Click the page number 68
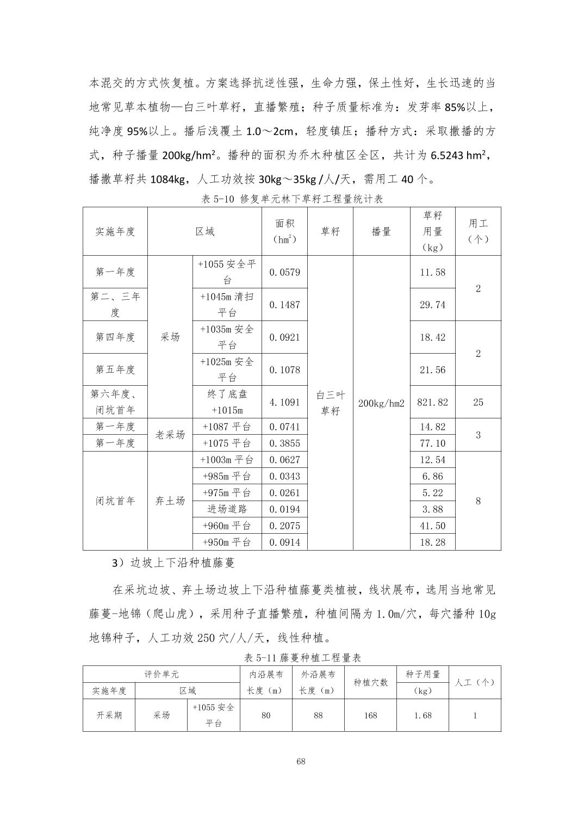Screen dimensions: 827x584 pos(301,761)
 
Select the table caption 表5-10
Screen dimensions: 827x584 pos(292,199)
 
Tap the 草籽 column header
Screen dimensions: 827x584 pos(330,231)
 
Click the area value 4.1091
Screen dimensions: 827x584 pos(284,402)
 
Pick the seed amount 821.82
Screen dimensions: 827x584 pos(432,402)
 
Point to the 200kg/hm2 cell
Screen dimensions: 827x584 pos(381,403)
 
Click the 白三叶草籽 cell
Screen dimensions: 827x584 pos(330,403)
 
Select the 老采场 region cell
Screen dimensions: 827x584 pos(170,435)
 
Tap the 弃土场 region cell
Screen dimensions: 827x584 pos(170,501)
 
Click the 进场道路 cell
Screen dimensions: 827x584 pos(227,509)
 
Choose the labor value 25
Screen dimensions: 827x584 pos(478,402)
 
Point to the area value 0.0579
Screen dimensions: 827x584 pos(284,272)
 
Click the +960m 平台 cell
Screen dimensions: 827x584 pos(227,526)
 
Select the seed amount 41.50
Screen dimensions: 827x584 pos(432,526)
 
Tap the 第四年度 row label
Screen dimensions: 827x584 pos(115,337)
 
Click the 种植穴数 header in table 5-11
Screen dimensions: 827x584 pos(371,682)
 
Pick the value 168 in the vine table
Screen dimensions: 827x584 pos(371,715)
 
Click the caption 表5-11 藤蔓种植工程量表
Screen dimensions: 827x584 pos(302,658)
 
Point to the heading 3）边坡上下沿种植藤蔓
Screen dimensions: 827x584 pos(173,563)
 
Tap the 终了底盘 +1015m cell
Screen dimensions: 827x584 pos(227,402)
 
